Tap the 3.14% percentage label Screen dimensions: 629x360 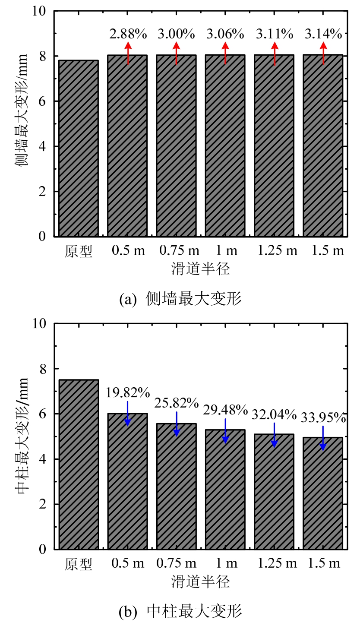coord(323,34)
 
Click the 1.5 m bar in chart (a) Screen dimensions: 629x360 coord(323,145)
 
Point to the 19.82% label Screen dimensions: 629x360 coord(128,393)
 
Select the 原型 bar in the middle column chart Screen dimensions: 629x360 coord(79,464)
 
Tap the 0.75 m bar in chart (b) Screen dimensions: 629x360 coord(177,486)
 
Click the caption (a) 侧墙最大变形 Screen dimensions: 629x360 coord(180,299)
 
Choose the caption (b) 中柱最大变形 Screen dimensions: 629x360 coord(180,611)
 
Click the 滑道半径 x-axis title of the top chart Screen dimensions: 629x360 coord(200,269)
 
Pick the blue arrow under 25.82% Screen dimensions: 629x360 coord(177,424)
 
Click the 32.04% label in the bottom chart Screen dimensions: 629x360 coord(275,415)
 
